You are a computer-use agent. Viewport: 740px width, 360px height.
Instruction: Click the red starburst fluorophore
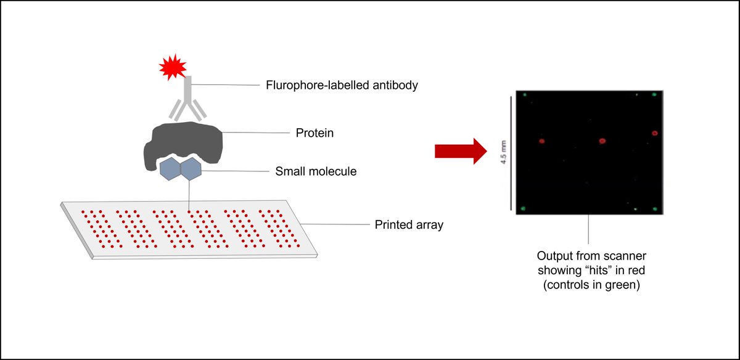pos(173,68)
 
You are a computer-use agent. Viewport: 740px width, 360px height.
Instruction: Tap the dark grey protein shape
pos(183,145)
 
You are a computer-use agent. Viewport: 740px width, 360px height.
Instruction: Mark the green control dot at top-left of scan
pos(524,95)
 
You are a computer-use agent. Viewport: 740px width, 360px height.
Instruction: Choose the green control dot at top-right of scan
pos(654,95)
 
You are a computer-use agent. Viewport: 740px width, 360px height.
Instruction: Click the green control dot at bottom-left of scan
pos(524,208)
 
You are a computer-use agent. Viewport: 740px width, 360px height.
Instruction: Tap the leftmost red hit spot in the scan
pos(542,141)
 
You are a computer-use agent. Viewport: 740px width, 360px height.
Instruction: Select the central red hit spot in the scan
pos(602,141)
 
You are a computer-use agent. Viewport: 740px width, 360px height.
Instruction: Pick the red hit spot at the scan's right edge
pos(655,133)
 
